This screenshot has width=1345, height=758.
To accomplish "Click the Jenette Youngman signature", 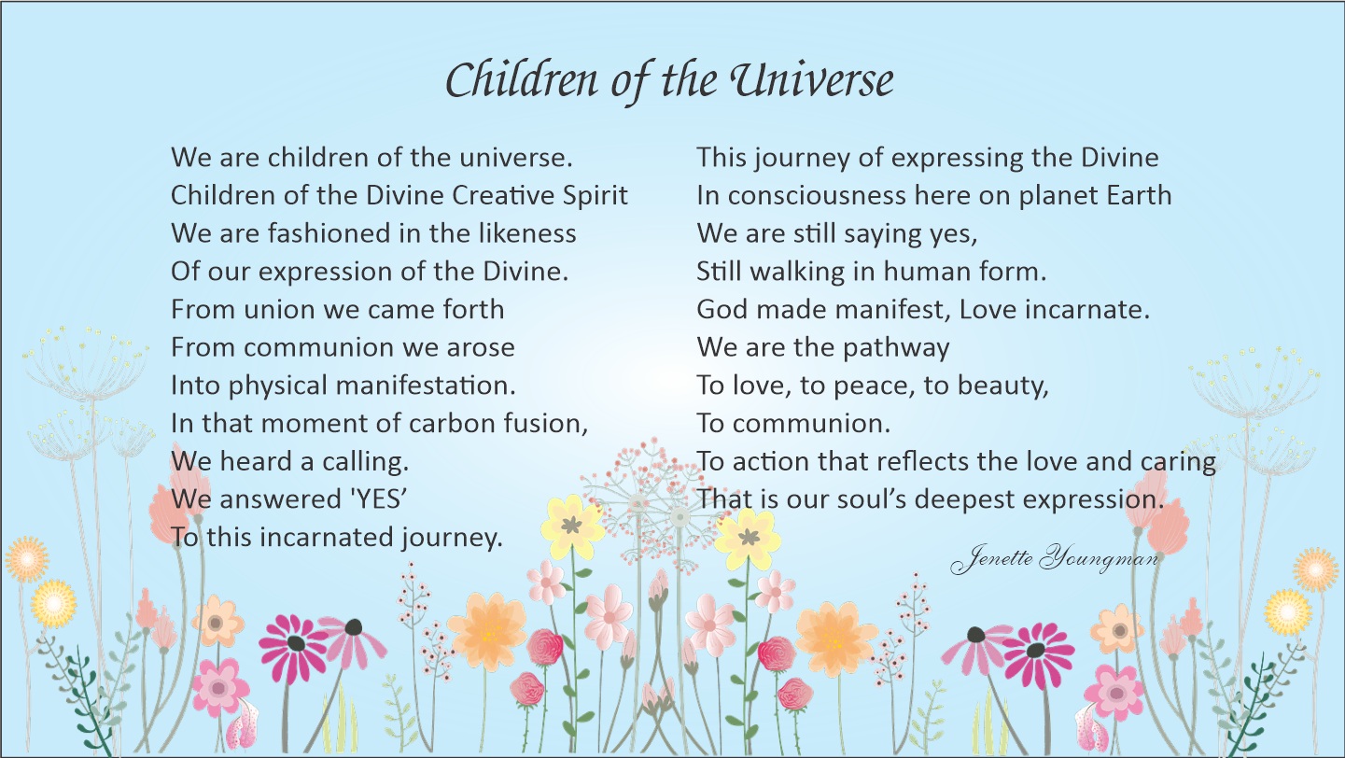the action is [x=1055, y=559].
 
